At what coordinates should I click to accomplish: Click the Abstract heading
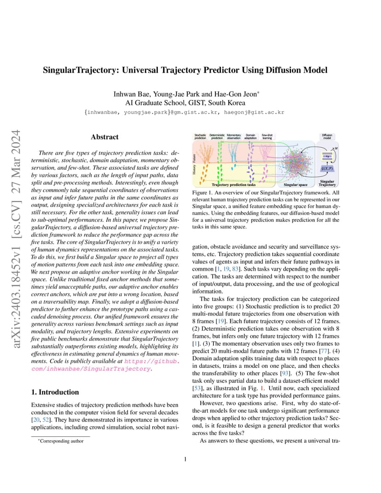pos(104,137)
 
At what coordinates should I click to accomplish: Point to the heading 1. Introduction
pos(55,392)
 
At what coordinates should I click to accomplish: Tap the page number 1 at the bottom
pos(185,459)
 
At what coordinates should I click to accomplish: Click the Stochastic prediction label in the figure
pos(200,137)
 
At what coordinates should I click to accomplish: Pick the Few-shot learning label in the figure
pos(267,137)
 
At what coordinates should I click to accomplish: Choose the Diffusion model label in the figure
pos(328,137)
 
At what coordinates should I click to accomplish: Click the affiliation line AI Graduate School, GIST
pos(186,103)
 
